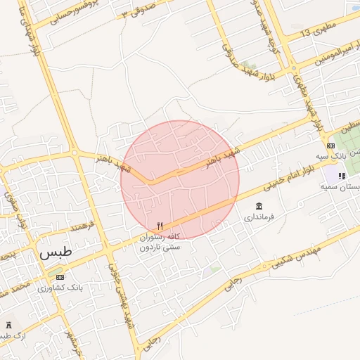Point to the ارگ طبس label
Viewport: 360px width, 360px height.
pyautogui.click(x=10, y=337)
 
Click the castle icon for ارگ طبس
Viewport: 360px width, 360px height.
pyautogui.click(x=9, y=325)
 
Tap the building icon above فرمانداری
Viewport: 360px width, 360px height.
pyautogui.click(x=259, y=206)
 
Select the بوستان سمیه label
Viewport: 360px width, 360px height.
pyautogui.click(x=340, y=187)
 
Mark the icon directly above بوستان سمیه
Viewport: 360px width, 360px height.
pyautogui.click(x=341, y=176)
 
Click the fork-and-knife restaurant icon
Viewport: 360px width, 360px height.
pyautogui.click(x=160, y=226)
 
